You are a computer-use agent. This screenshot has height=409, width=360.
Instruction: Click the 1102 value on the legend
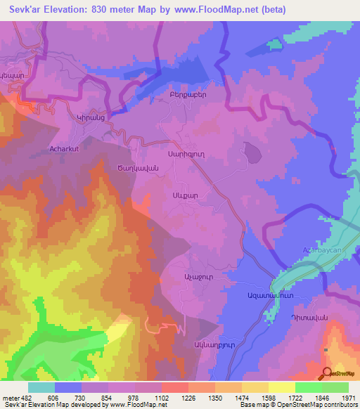[162, 398]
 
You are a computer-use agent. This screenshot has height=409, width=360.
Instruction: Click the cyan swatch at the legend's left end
[41, 387]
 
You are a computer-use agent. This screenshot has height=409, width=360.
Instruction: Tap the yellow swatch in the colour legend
[281, 387]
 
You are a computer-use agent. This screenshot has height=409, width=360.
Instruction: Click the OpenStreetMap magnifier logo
[326, 373]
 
